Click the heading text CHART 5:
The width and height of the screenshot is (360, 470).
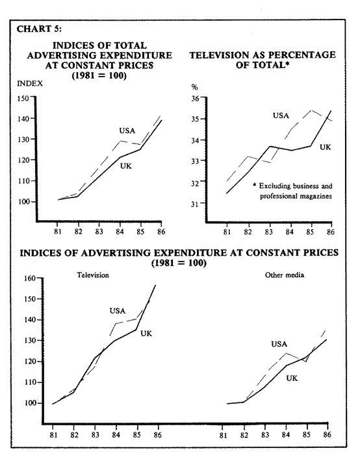pyautogui.click(x=39, y=29)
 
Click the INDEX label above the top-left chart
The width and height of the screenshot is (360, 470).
pyautogui.click(x=30, y=83)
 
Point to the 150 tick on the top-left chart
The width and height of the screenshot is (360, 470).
pyautogui.click(x=23, y=98)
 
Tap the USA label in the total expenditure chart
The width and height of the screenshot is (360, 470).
pyautogui.click(x=127, y=130)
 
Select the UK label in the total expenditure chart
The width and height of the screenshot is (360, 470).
pyautogui.click(x=126, y=166)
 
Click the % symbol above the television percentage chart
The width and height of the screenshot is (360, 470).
pyautogui.click(x=195, y=87)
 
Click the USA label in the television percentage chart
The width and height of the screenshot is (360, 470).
pyautogui.click(x=281, y=116)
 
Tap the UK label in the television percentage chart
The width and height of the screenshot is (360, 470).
pyautogui.click(x=325, y=147)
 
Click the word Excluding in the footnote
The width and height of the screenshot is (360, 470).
pyautogui.click(x=275, y=186)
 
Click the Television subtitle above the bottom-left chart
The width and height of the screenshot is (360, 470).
pyautogui.click(x=93, y=275)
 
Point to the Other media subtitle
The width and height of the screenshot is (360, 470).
pyautogui.click(x=285, y=275)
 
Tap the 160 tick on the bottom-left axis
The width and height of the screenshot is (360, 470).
pyautogui.click(x=29, y=278)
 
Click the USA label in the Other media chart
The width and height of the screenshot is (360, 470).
pyautogui.click(x=279, y=344)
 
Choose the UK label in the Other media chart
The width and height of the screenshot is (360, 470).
pyautogui.click(x=292, y=378)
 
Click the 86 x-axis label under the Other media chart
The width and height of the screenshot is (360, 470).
pyautogui.click(x=328, y=435)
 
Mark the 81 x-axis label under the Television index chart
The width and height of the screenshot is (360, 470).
pyautogui.click(x=53, y=435)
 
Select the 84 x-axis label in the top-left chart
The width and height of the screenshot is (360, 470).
pyautogui.click(x=120, y=232)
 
